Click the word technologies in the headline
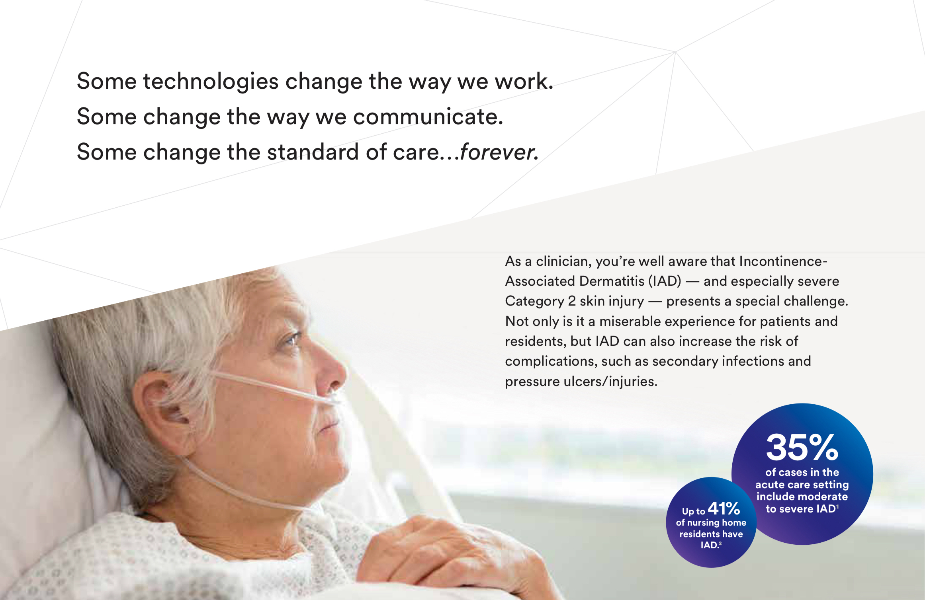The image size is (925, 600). (211, 82)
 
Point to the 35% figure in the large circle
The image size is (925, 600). (802, 447)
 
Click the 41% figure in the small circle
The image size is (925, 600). (724, 508)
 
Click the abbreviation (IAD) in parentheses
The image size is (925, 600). (665, 281)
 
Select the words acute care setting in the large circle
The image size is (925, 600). (802, 485)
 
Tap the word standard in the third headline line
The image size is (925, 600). (313, 152)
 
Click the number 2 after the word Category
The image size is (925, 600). (572, 301)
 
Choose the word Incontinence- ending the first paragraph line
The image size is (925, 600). (783, 261)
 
